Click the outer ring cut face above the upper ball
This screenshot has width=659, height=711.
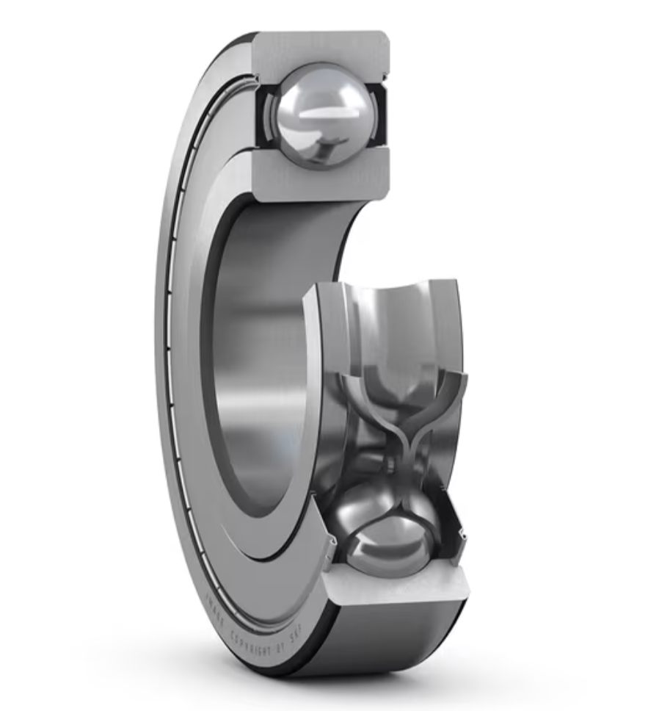323,48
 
